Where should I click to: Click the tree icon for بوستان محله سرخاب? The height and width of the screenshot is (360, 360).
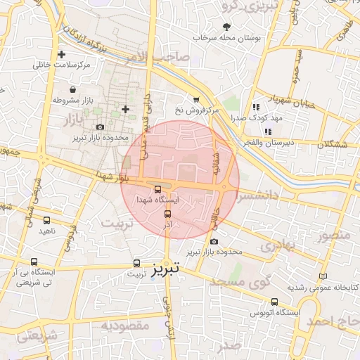(226, 26)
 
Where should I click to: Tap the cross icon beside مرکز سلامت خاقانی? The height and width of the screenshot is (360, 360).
(62, 54)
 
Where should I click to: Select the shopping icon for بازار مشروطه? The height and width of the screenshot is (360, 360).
(74, 89)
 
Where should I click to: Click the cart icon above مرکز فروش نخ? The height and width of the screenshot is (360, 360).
(195, 100)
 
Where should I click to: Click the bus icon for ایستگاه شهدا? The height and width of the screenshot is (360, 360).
(157, 189)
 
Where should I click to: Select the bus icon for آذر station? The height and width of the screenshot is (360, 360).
(167, 214)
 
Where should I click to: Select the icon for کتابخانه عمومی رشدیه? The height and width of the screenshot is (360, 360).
(323, 277)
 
